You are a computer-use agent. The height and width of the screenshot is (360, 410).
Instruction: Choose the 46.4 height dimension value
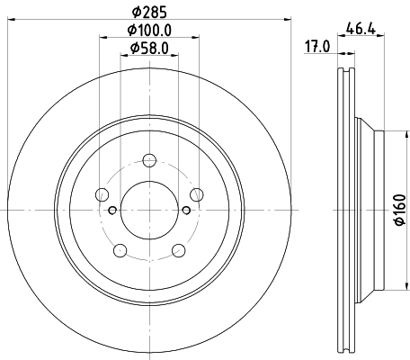(x=364, y=30)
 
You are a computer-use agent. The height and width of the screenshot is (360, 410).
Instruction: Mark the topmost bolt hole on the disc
(x=148, y=161)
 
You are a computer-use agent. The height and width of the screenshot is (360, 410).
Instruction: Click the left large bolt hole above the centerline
(x=102, y=195)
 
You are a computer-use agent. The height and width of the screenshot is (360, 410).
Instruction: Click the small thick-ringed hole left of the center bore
(x=111, y=211)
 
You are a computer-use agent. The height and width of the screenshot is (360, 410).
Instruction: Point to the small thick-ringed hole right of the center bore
(x=186, y=211)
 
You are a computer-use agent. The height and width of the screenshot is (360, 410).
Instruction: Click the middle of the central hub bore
(x=148, y=210)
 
